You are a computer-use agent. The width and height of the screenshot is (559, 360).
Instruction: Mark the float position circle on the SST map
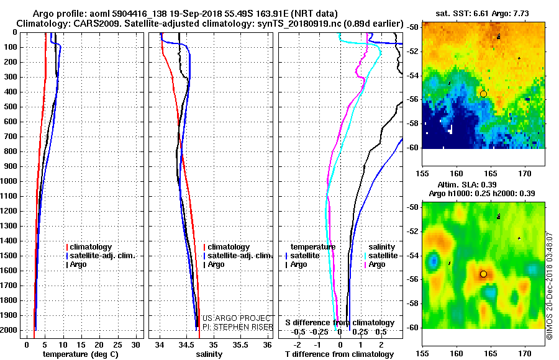[483, 94]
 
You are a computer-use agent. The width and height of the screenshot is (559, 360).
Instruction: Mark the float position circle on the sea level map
[483, 274]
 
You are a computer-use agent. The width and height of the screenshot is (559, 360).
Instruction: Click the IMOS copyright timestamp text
[550, 286]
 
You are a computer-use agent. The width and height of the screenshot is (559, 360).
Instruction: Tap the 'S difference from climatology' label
[340, 323]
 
